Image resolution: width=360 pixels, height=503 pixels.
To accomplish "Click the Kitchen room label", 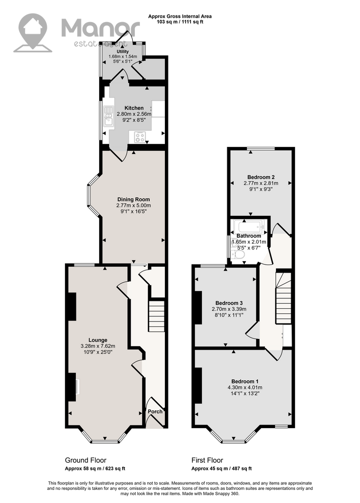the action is point(134,108).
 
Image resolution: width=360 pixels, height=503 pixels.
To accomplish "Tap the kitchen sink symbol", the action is point(109,116).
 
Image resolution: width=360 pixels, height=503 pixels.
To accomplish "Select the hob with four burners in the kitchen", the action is point(140,137).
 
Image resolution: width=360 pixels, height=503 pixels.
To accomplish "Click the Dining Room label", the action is point(133,200).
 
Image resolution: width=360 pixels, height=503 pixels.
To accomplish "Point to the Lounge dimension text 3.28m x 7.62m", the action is point(98,346).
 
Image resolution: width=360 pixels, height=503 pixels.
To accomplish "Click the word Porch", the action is point(155,411).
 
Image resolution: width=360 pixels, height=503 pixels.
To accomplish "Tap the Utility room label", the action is point(123,51).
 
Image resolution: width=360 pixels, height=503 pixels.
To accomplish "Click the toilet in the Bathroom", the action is point(238,255).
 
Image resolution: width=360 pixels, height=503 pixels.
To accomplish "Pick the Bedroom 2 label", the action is point(261,177).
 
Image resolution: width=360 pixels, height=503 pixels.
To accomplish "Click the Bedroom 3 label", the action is point(229,303).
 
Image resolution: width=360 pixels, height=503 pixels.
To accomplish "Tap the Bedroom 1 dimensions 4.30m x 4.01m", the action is point(245,387).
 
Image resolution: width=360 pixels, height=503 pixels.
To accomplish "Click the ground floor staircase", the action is point(156,316).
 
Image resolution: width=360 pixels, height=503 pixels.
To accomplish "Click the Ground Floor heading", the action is point(85,460).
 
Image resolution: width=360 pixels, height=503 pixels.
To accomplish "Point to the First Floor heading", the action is point(207,460).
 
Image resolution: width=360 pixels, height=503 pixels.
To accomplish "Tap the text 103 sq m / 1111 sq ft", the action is point(180,22).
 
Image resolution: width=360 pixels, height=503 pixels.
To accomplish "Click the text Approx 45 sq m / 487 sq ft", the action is point(222,469).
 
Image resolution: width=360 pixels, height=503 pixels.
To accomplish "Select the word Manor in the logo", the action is point(101,27).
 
